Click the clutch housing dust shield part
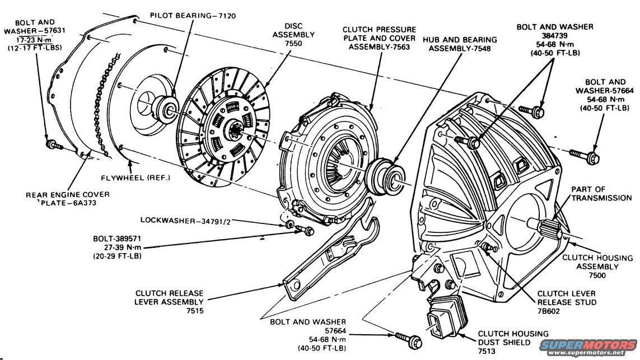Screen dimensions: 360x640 pos(442,321)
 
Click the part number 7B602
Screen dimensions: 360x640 pos(552,312)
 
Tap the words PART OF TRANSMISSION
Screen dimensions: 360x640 pos(601,194)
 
